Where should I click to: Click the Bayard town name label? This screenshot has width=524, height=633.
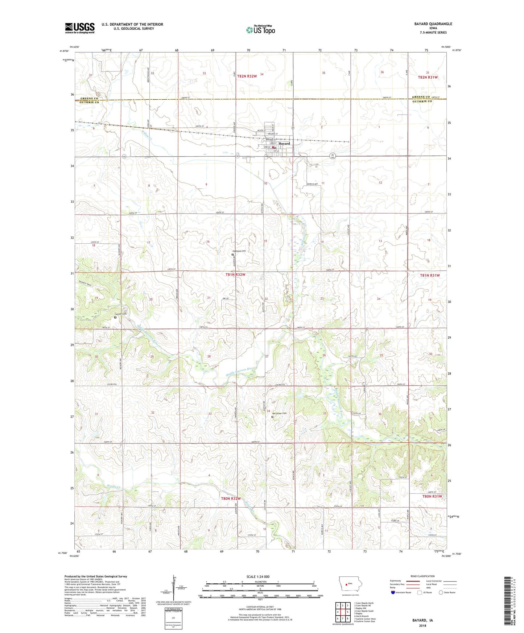click(285, 144)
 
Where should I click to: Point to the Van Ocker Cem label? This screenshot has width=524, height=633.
click(279, 414)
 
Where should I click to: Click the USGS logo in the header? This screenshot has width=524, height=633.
click(80, 28)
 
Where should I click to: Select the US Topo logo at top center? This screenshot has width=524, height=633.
click(260, 30)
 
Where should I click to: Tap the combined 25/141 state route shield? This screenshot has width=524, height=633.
click(333, 156)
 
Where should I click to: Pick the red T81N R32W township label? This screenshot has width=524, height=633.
click(235, 275)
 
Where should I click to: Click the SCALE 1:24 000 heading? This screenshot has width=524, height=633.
click(258, 577)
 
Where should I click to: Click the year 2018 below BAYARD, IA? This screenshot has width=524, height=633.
click(422, 626)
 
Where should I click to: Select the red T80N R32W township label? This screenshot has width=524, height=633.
click(231, 499)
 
